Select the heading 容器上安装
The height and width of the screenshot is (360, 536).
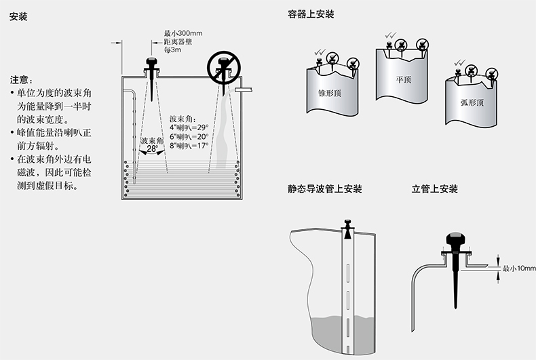[311, 14]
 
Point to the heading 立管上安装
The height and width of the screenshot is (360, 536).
[435, 188]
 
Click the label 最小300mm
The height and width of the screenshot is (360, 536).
[183, 33]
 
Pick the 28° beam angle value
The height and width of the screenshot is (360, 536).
[152, 148]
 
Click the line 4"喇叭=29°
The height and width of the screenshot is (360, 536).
[189, 127]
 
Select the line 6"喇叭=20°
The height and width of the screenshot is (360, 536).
[189, 136]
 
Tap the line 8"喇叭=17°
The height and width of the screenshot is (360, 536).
[189, 145]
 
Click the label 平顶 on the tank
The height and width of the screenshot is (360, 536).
[404, 79]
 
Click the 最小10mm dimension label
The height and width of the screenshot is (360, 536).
[519, 268]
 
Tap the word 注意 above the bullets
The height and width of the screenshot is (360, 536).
[22, 79]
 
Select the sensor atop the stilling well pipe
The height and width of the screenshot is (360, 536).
[347, 228]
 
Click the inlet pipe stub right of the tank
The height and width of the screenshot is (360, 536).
[244, 89]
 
